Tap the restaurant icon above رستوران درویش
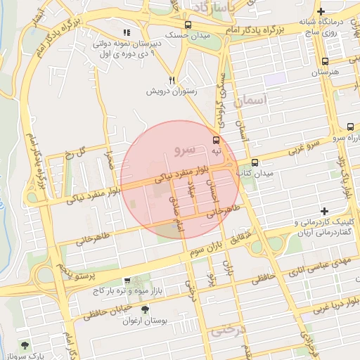pyautogui.click(x=172, y=80)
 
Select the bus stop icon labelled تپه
pyautogui.click(x=216, y=140)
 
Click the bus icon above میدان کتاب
pyautogui.click(x=255, y=162)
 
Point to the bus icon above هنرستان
pyautogui.click(x=324, y=61)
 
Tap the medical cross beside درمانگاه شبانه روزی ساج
pyautogui.click(x=321, y=11)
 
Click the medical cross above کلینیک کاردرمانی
pyautogui.click(x=324, y=211)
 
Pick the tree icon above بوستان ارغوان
pyautogui.click(x=146, y=309)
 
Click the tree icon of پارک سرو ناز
pyautogui.click(x=26, y=345)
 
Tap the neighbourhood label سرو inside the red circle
pyautogui.click(x=183, y=150)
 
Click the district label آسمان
pyautogui.click(x=247, y=103)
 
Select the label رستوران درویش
pyautogui.click(x=171, y=91)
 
